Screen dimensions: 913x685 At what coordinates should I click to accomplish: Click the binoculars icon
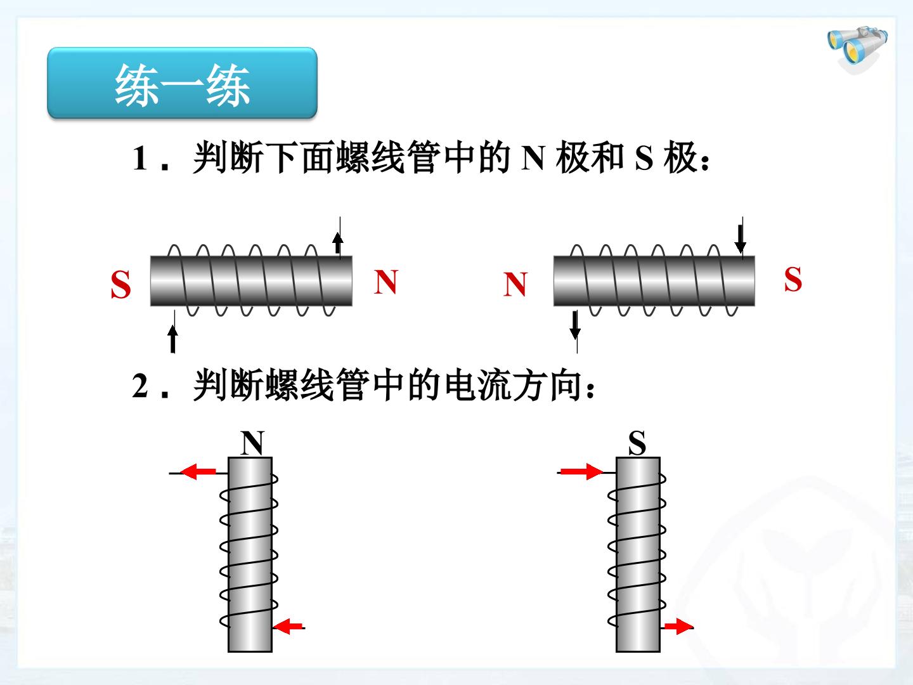[x=858, y=50]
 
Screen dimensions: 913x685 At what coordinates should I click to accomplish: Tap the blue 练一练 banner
[x=182, y=83]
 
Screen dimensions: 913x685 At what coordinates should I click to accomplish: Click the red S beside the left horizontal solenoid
[x=120, y=285]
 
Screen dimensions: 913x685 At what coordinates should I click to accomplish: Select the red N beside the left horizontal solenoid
[x=386, y=282]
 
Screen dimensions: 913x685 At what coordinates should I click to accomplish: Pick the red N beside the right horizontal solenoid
[x=515, y=284]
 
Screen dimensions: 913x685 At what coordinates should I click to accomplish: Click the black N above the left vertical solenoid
[x=252, y=443]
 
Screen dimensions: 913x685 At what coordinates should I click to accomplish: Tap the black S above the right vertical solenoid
[x=637, y=443]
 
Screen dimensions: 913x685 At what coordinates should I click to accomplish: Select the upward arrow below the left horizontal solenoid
[x=172, y=339]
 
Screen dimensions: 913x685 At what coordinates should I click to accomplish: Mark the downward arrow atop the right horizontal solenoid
[x=740, y=239]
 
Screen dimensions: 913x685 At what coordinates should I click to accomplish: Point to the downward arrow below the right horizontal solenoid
[x=575, y=325]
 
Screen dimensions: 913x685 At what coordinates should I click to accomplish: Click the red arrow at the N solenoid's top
[x=198, y=472]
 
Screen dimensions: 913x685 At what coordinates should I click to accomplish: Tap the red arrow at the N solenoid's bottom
[x=288, y=627]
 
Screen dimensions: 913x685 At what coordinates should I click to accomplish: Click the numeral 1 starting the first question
[x=140, y=158]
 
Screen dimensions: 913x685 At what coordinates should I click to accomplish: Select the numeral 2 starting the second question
[x=140, y=386]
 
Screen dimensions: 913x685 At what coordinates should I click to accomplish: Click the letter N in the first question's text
[x=533, y=158]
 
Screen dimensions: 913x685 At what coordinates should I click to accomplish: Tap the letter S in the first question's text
[x=644, y=159]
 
